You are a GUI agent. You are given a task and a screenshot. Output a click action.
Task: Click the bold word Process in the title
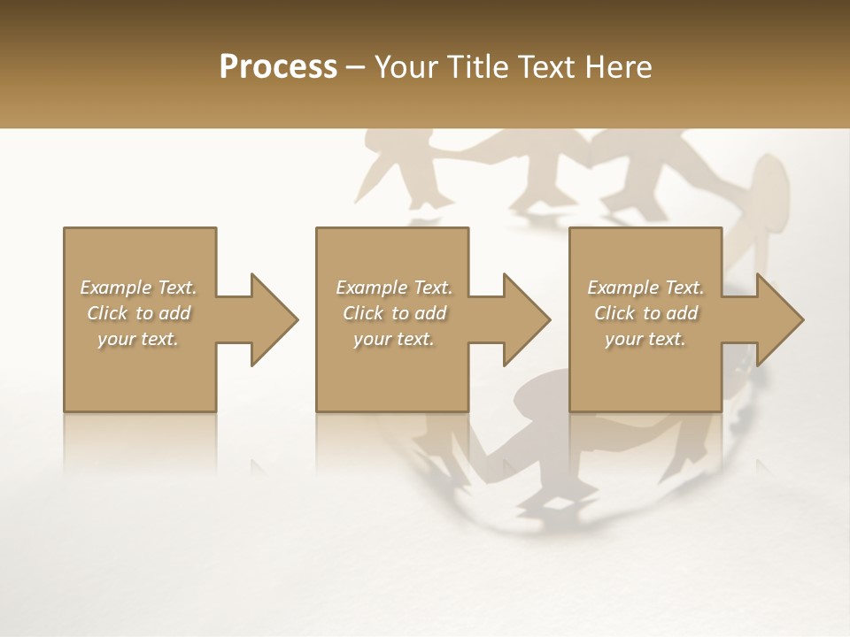click(x=278, y=67)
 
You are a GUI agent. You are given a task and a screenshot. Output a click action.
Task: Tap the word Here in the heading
click(x=618, y=67)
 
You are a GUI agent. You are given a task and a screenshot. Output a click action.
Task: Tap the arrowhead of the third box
click(x=778, y=319)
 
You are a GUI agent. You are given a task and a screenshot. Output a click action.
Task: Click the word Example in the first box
click(x=115, y=288)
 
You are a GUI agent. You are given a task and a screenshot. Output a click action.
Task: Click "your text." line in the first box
click(x=138, y=339)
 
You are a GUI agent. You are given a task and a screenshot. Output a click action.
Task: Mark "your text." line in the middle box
click(x=394, y=339)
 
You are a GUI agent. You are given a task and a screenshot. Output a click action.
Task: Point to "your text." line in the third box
click(x=645, y=339)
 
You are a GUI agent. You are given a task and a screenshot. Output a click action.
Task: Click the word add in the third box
click(x=683, y=313)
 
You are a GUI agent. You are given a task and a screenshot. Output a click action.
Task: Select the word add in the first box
click(x=175, y=313)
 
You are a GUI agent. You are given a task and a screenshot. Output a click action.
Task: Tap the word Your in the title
click(x=405, y=67)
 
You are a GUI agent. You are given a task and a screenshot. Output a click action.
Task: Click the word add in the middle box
click(x=431, y=313)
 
